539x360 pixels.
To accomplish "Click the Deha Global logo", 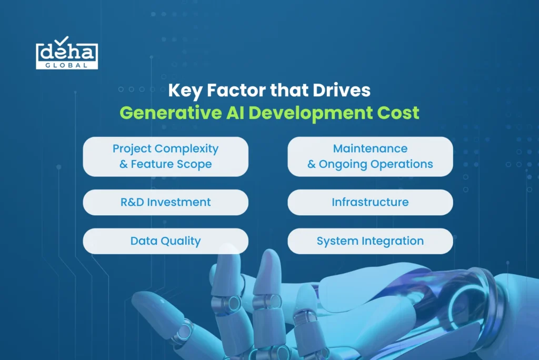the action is point(67,53).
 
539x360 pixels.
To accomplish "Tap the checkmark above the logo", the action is point(62,41).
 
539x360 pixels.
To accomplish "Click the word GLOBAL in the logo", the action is point(67,65).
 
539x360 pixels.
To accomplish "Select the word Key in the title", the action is point(185,91).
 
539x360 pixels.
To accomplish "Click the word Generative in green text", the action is point(171,113).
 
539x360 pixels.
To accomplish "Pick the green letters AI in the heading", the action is point(235,113).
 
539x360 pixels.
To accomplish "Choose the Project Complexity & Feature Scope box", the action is point(165,156).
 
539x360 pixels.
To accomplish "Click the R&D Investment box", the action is point(165,202).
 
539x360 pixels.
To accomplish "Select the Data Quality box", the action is point(165,241).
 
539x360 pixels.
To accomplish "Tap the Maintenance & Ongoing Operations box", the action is point(370,156).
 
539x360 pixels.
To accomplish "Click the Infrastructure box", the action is point(370,202).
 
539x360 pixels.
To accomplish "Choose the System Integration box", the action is point(370,241).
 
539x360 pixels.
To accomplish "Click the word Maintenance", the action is point(370,148).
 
